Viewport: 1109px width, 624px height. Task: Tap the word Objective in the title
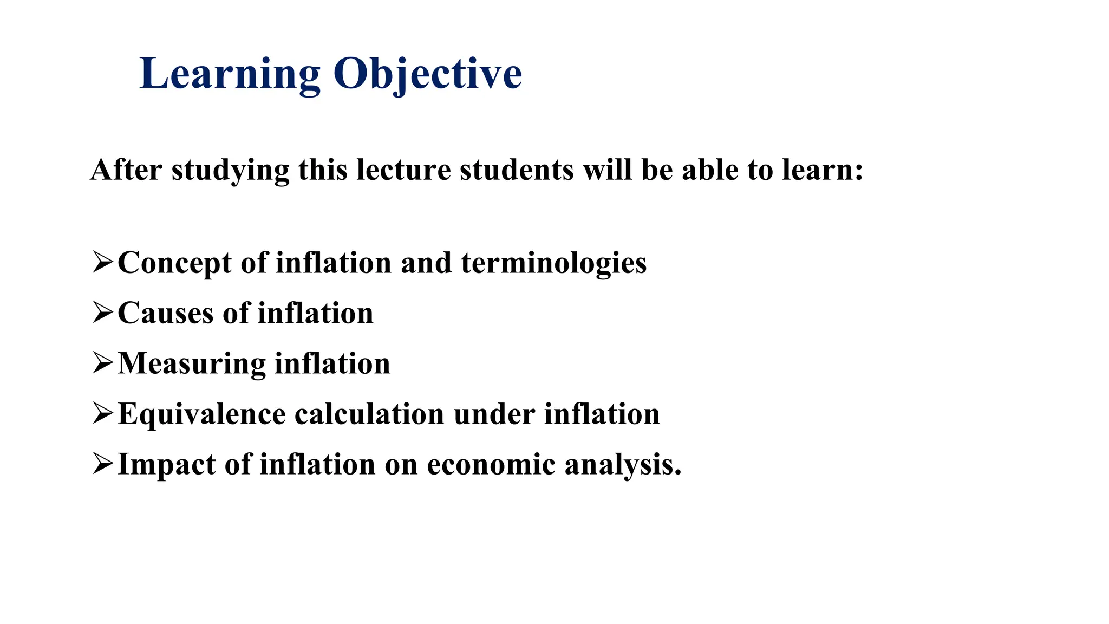pos(427,74)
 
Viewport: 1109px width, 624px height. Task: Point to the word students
pos(517,170)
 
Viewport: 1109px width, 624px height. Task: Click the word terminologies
pos(553,263)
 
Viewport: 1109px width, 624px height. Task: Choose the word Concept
pos(174,263)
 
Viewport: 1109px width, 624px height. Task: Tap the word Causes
pos(166,314)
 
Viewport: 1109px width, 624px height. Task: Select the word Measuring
pos(192,364)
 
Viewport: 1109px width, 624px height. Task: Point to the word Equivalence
pos(201,414)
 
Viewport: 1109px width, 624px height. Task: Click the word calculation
pos(369,414)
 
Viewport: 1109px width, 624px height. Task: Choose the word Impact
pos(167,465)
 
